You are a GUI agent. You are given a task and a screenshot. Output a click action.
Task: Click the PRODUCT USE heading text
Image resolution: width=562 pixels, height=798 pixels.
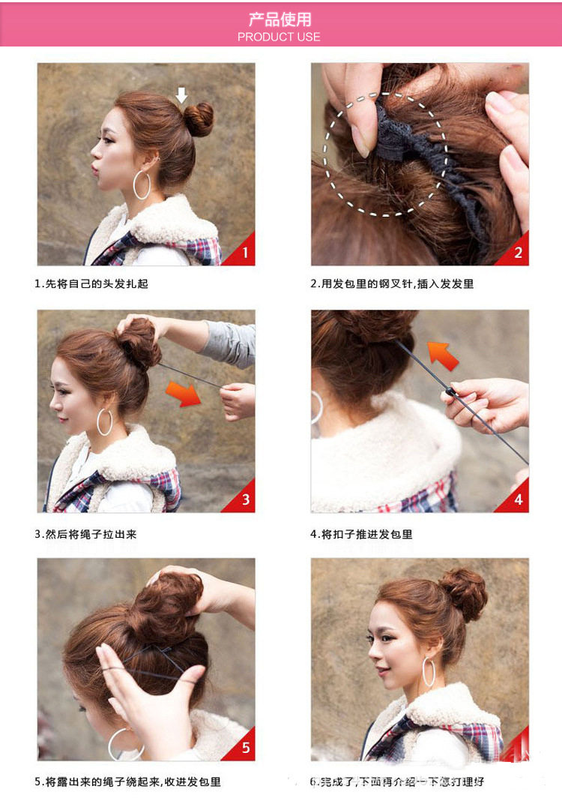[279, 37]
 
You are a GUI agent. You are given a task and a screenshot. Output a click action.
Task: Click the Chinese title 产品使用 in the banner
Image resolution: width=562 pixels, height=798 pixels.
[280, 19]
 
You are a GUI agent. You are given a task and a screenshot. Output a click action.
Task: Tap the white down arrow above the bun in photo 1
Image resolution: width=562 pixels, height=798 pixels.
[181, 94]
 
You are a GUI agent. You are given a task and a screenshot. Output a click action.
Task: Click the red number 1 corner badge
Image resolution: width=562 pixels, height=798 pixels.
[244, 253]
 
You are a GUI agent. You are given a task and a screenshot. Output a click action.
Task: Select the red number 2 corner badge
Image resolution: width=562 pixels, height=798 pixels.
[517, 253]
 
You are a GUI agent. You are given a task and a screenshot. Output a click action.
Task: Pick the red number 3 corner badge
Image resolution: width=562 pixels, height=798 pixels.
[244, 500]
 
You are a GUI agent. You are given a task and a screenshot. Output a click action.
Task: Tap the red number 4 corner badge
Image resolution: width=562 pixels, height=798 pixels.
[517, 500]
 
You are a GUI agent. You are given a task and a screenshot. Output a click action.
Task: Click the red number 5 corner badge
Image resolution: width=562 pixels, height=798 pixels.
[244, 748]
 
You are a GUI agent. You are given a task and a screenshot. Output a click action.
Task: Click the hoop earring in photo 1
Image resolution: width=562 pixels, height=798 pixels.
[142, 184]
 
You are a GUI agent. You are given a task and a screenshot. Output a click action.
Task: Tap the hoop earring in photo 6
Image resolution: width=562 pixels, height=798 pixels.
[429, 671]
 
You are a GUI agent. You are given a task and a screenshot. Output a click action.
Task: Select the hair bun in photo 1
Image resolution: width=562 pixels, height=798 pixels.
[199, 120]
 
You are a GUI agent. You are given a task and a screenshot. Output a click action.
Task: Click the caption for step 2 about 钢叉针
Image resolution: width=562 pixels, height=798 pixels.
[392, 284]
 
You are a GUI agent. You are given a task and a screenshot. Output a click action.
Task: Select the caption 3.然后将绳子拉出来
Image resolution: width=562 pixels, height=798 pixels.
[85, 534]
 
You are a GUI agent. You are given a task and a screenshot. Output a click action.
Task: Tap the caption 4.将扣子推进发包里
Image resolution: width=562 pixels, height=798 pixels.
[361, 534]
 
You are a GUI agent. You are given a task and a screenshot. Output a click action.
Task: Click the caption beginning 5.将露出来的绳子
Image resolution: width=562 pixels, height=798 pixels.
[127, 781]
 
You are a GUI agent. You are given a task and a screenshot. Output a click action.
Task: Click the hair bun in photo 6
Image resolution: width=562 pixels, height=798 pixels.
[465, 592]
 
